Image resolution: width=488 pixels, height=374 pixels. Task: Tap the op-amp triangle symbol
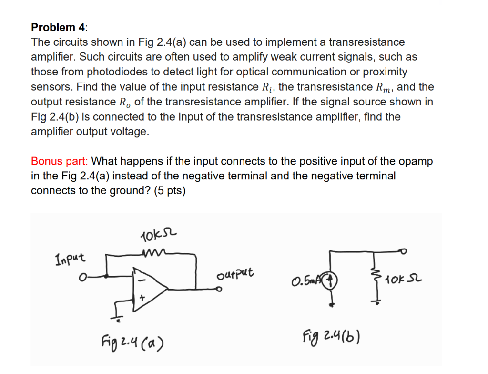(150, 288)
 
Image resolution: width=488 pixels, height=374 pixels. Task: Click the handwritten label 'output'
(235, 274)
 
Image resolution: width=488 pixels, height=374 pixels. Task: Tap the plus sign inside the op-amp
(142, 297)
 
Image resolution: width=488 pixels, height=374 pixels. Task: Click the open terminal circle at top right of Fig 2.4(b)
(405, 249)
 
